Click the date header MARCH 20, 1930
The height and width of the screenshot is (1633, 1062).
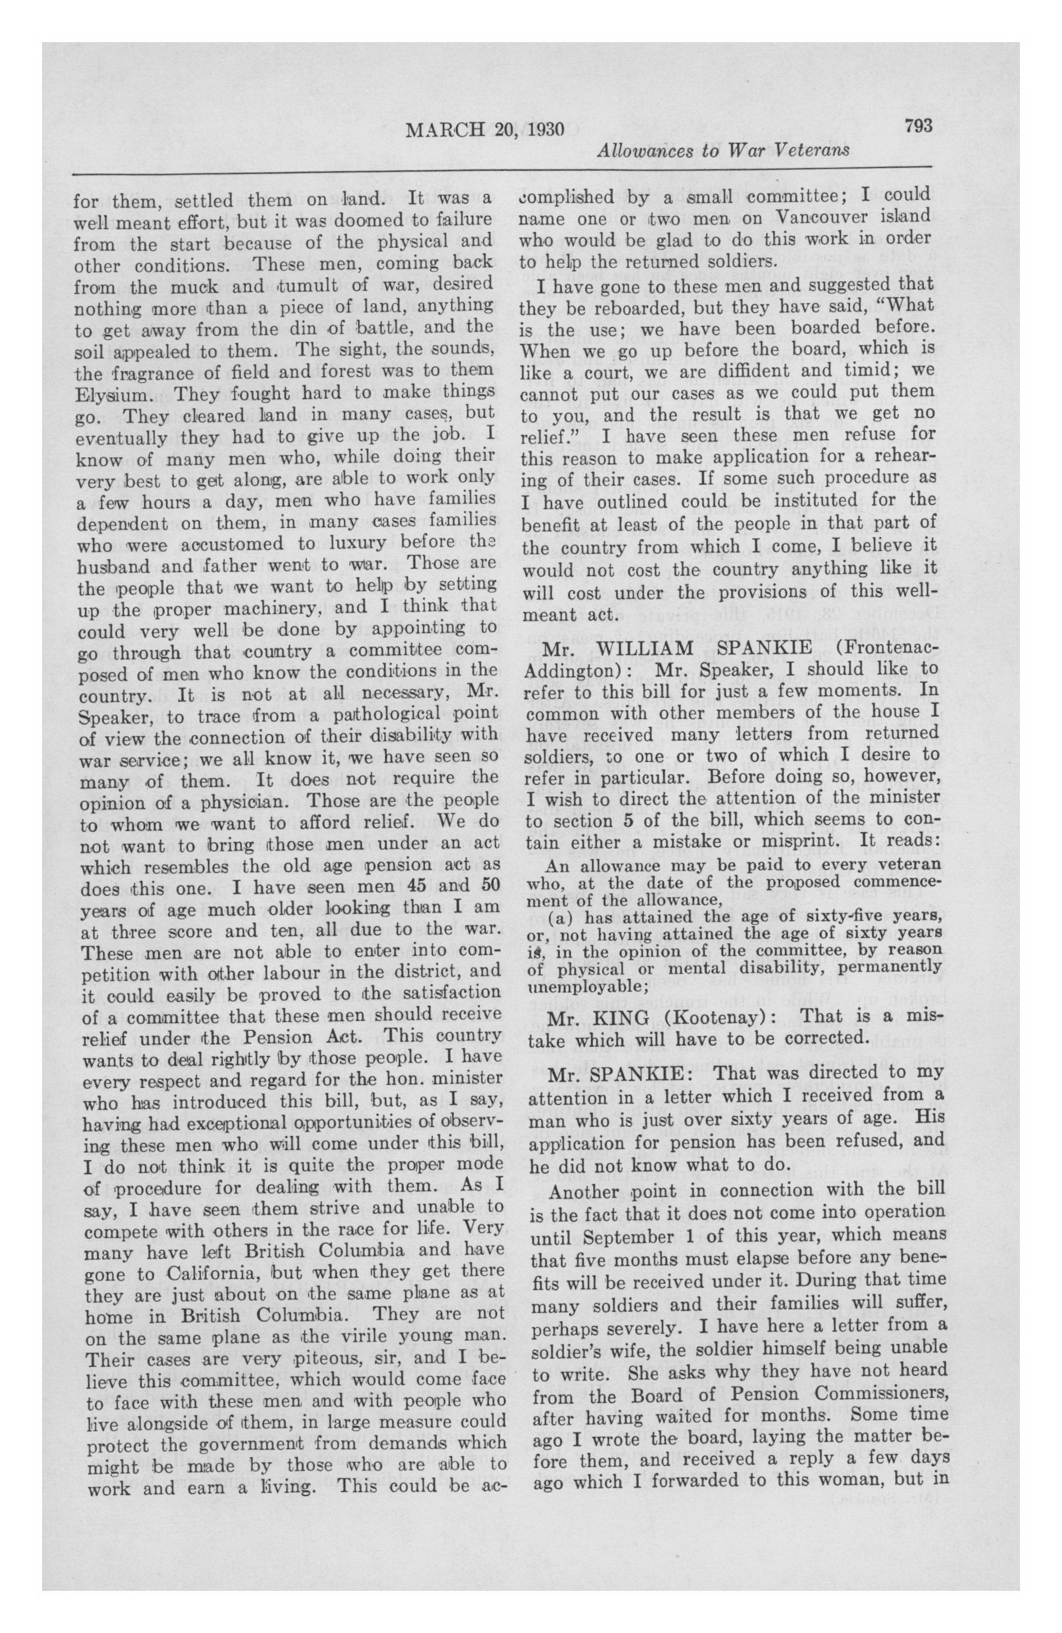coord(484,130)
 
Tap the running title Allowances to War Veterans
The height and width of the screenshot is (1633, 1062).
coord(723,151)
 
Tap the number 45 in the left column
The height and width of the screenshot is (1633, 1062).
coord(420,886)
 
